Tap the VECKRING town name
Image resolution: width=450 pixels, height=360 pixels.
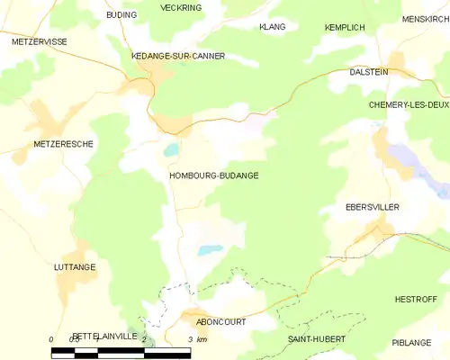pos(181,7)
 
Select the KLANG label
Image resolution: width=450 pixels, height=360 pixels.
pos(272,27)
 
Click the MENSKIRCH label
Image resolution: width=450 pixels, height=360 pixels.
pos(426,19)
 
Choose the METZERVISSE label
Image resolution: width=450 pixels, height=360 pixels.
pos(39,41)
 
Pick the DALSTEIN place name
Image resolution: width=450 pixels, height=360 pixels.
pos(369,71)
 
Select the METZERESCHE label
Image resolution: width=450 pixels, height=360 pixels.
pos(63,144)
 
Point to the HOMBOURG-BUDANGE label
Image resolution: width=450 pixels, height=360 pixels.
pos(214,175)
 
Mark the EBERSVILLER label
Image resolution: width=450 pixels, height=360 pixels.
pos(373,207)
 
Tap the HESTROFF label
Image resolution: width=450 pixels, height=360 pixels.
pos(415,299)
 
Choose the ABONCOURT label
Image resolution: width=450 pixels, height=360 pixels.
pos(221,321)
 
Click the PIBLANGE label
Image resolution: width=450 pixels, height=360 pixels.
pos(412,343)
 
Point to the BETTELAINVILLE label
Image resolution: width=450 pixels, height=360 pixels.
pos(105,336)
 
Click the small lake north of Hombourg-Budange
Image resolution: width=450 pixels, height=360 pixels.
pos(171,149)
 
